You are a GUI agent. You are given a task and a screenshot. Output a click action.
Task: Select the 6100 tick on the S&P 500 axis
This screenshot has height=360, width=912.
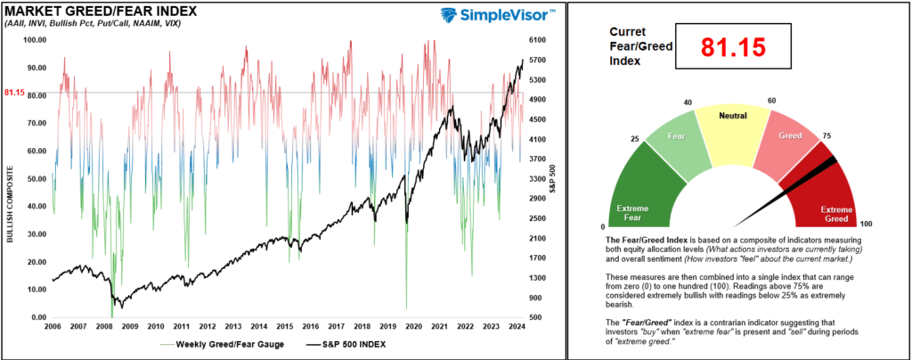pyautogui.click(x=537, y=40)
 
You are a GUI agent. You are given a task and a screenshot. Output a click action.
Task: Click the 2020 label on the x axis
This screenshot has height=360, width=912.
pyautogui.click(x=412, y=327)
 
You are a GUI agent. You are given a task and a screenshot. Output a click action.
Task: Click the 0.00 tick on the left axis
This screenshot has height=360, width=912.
pyautogui.click(x=38, y=317)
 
